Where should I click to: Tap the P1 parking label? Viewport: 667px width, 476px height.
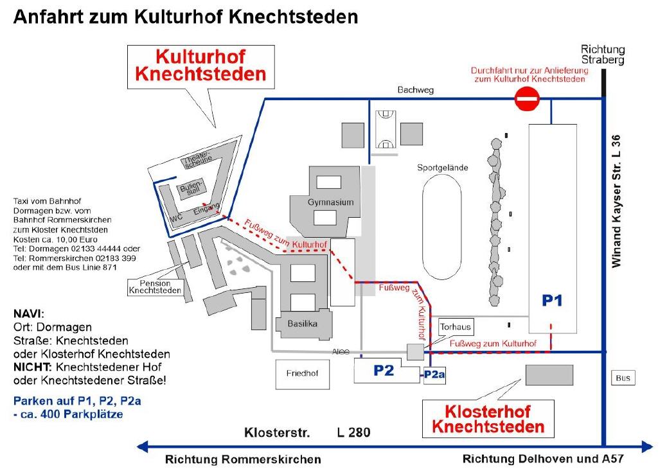pos(552,300)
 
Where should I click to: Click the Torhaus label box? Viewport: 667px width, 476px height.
pos(455,327)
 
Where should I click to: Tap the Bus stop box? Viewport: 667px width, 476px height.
pos(623,378)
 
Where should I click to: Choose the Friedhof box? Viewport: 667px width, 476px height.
pos(302,372)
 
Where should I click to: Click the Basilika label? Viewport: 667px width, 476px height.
pos(303,324)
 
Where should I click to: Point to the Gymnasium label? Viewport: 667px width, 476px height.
pos(331,202)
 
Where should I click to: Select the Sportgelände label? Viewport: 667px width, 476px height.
pos(442,168)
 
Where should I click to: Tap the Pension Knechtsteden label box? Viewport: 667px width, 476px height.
pos(155,286)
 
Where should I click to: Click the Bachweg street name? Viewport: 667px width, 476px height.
pos(415,90)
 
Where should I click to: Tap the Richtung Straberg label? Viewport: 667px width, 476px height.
pos(602,55)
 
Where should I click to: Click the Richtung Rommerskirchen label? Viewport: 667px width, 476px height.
pos(243,459)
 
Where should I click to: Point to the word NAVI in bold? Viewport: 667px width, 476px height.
pos(28,314)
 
